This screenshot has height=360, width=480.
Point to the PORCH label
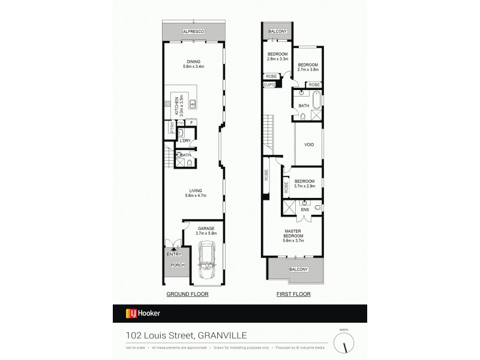(x=177, y=265)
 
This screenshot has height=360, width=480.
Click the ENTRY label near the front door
(x=173, y=254)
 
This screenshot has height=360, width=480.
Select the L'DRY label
(x=185, y=141)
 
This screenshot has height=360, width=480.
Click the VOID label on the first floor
(x=309, y=145)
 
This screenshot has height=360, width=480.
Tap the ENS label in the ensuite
(x=305, y=210)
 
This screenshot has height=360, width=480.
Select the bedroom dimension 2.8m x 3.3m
(x=278, y=59)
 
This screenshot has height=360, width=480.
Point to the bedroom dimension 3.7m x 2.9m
(x=305, y=187)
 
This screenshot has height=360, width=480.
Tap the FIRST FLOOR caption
(x=293, y=295)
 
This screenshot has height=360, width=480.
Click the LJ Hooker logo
(x=142, y=313)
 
